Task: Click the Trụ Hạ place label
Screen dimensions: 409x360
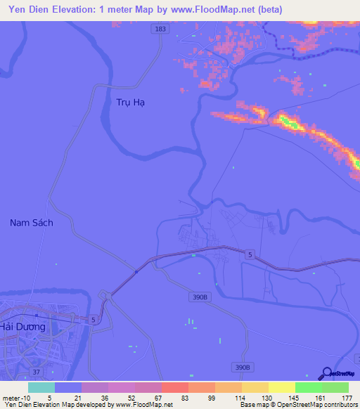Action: click(x=130, y=102)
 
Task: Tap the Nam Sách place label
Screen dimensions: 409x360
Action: click(x=32, y=223)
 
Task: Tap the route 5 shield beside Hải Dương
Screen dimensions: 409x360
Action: click(x=93, y=320)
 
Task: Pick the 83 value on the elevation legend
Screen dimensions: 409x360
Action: click(x=184, y=397)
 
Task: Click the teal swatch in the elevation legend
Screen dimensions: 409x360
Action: click(x=41, y=387)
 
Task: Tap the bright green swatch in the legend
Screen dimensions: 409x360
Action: click(x=309, y=387)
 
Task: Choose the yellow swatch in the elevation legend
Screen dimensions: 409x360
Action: click(x=282, y=387)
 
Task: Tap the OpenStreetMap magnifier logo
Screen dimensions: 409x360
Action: click(x=325, y=373)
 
